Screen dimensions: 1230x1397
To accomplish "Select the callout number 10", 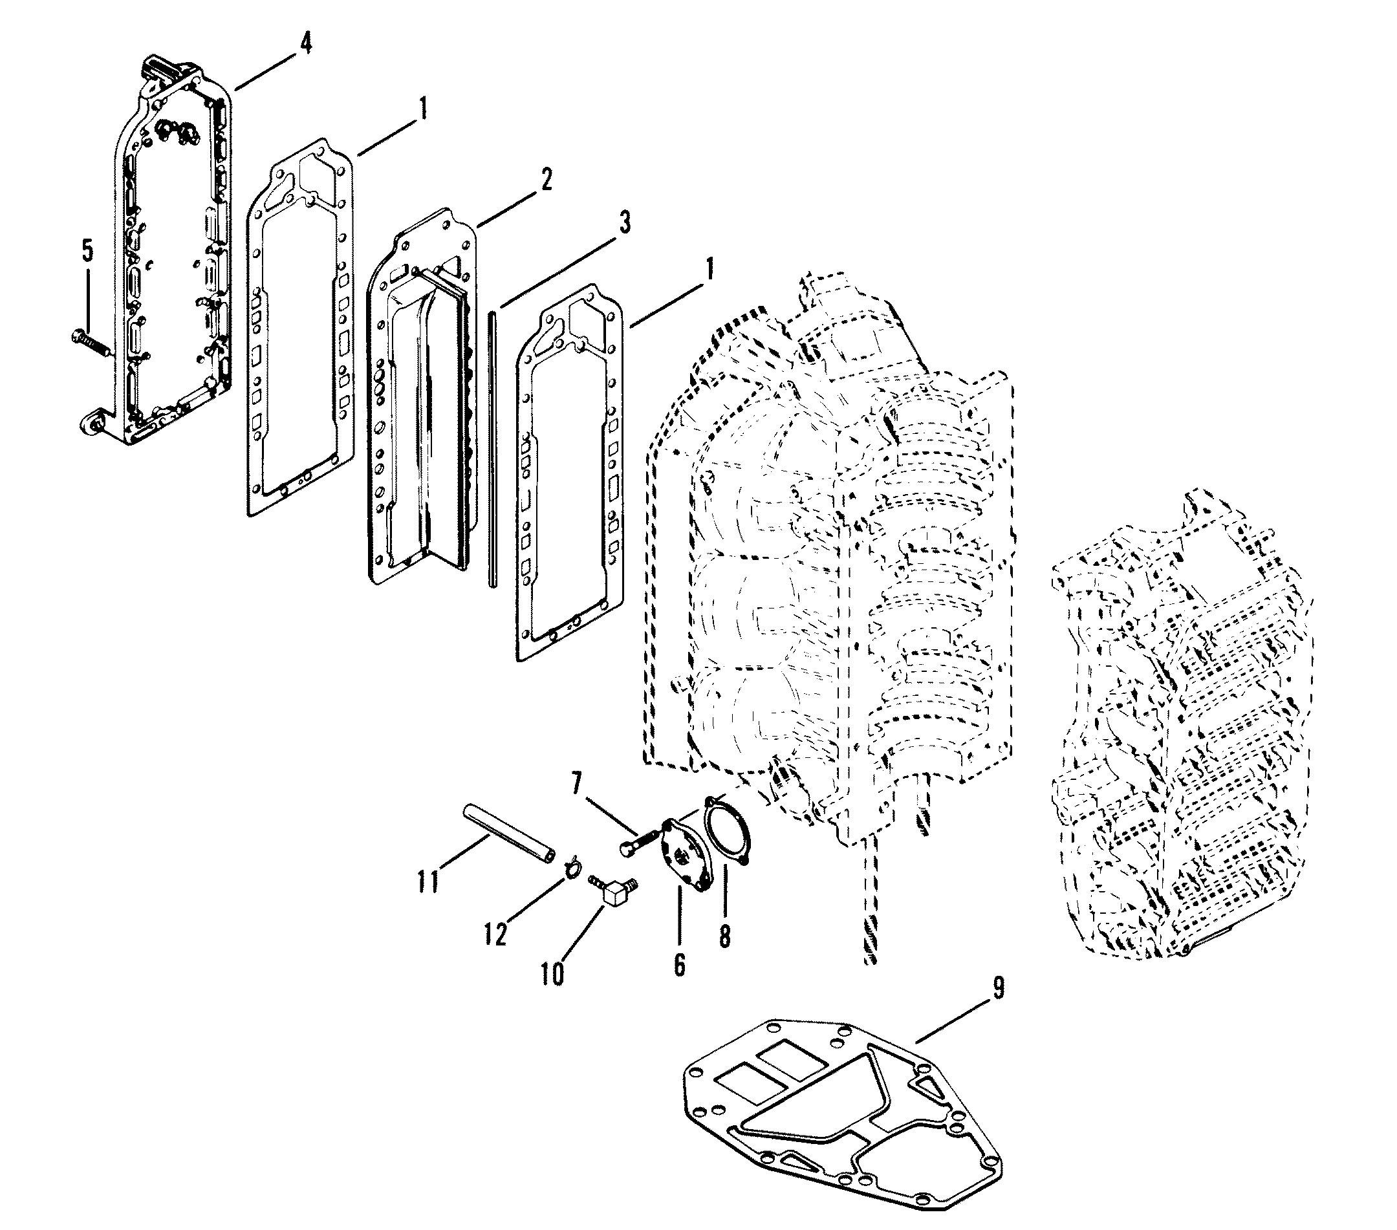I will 554,974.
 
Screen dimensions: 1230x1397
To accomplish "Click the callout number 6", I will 678,964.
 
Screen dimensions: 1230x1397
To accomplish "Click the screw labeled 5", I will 93,343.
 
